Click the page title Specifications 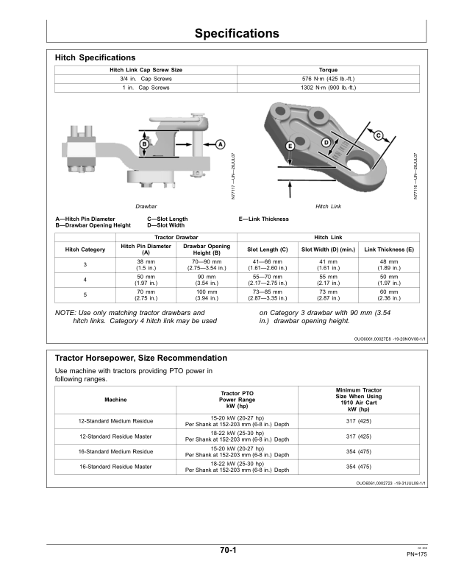point(237,33)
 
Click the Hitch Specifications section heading point(95,57)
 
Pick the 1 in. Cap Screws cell point(145,87)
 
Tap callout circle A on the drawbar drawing point(220,144)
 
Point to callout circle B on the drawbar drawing point(146,144)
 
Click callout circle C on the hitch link point(378,136)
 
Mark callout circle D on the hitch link point(326,141)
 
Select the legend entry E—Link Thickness point(263,219)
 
